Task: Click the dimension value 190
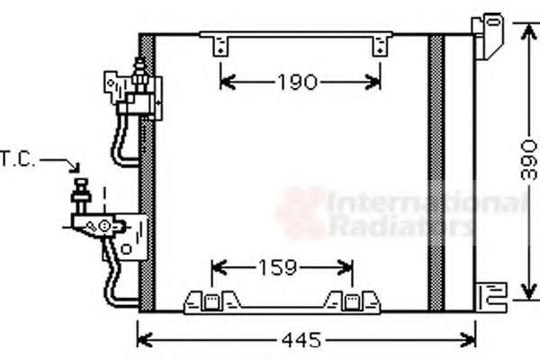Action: point(297,82)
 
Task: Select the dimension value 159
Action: point(277,267)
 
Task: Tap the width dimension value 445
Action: point(301,340)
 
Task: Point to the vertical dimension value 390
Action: point(529,159)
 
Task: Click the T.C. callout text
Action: point(18,159)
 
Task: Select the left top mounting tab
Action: point(220,46)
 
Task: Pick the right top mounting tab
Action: point(380,46)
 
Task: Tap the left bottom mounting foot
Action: point(211,301)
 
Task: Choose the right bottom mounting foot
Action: point(352,301)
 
